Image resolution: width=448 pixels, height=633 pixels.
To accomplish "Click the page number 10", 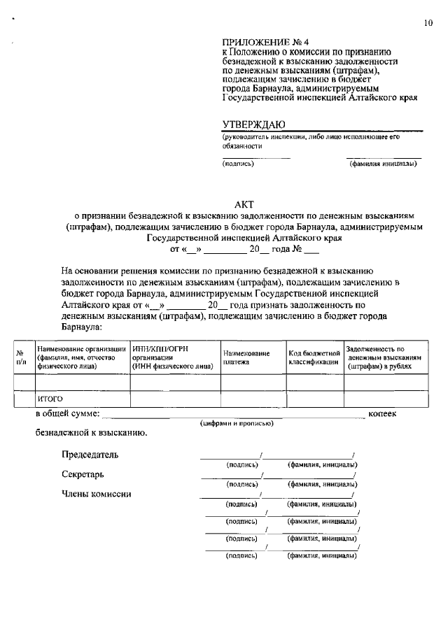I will pos(428,23).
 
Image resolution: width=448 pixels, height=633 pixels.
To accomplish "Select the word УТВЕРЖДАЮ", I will pos(253,124).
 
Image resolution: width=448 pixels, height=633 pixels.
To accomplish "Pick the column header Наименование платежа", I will pos(246,357).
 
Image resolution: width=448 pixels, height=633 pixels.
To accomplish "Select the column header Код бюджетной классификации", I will pos(314,357).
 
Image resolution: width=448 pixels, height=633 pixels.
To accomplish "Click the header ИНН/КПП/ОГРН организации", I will pos(172,357).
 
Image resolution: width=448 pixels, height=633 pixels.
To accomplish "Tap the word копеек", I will pos(382,414).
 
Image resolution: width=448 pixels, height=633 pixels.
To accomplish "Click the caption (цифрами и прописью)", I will pos(236,424).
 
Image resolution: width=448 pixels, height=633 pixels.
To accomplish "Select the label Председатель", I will pos(90,455).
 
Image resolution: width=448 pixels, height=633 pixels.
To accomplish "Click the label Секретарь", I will pos(83,474).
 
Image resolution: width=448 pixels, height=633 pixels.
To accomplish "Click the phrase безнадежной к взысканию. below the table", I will pos(91,433).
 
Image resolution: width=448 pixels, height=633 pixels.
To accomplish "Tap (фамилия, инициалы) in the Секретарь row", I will pos(323,483).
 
